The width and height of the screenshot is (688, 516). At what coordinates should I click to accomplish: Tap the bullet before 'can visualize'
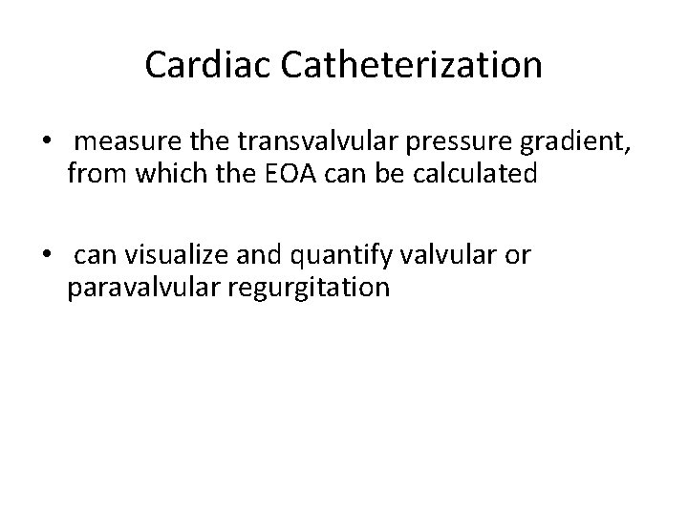tap(47, 257)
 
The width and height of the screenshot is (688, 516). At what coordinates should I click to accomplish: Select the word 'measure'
tap(120, 143)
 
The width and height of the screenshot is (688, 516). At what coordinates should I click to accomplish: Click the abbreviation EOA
tap(314, 175)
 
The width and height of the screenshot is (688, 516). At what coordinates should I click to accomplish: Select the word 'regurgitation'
tap(310, 288)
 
